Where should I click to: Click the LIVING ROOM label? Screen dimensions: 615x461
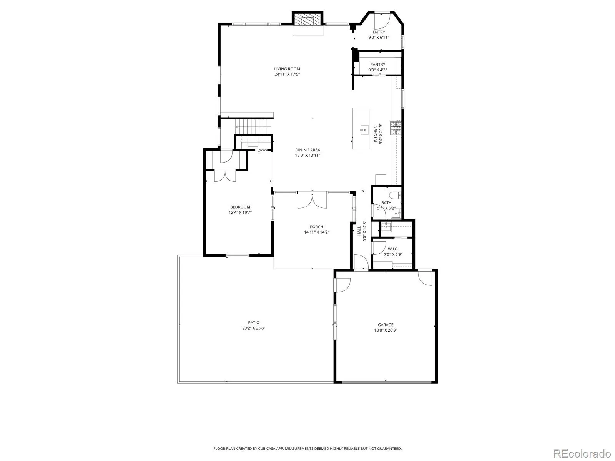(x=287, y=69)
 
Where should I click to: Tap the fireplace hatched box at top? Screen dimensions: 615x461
(x=307, y=19)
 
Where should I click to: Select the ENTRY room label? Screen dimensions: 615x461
(x=379, y=32)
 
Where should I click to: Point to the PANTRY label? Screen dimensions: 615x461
(x=378, y=65)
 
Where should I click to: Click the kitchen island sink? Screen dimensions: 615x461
(x=364, y=129)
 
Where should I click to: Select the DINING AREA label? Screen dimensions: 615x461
(x=307, y=150)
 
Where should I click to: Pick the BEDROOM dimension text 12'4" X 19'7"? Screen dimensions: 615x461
(x=240, y=212)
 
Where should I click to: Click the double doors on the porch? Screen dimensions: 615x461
(x=312, y=201)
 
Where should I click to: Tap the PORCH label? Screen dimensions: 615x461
(x=317, y=227)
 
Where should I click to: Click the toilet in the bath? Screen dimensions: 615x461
(x=395, y=195)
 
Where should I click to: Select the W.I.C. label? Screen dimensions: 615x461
(x=393, y=249)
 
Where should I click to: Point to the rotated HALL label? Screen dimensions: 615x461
(x=359, y=231)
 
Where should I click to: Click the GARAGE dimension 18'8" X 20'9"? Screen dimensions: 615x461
(x=386, y=330)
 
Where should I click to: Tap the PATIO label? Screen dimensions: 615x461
(x=254, y=323)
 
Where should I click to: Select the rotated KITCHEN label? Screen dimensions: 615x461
(x=376, y=134)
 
